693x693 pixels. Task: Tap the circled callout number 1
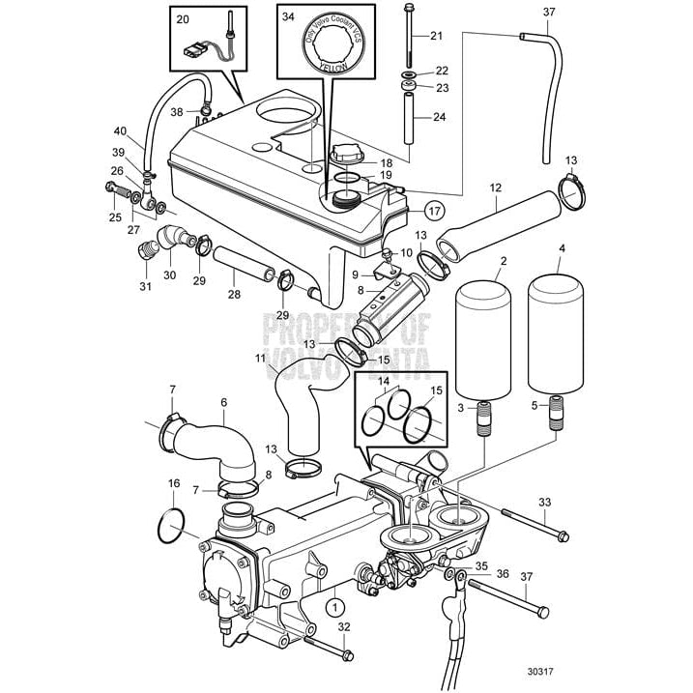(334, 607)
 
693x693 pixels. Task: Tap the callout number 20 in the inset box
(184, 18)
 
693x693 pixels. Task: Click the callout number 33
(544, 502)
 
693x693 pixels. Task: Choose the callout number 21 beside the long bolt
(435, 36)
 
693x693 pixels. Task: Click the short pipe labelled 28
(238, 263)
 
